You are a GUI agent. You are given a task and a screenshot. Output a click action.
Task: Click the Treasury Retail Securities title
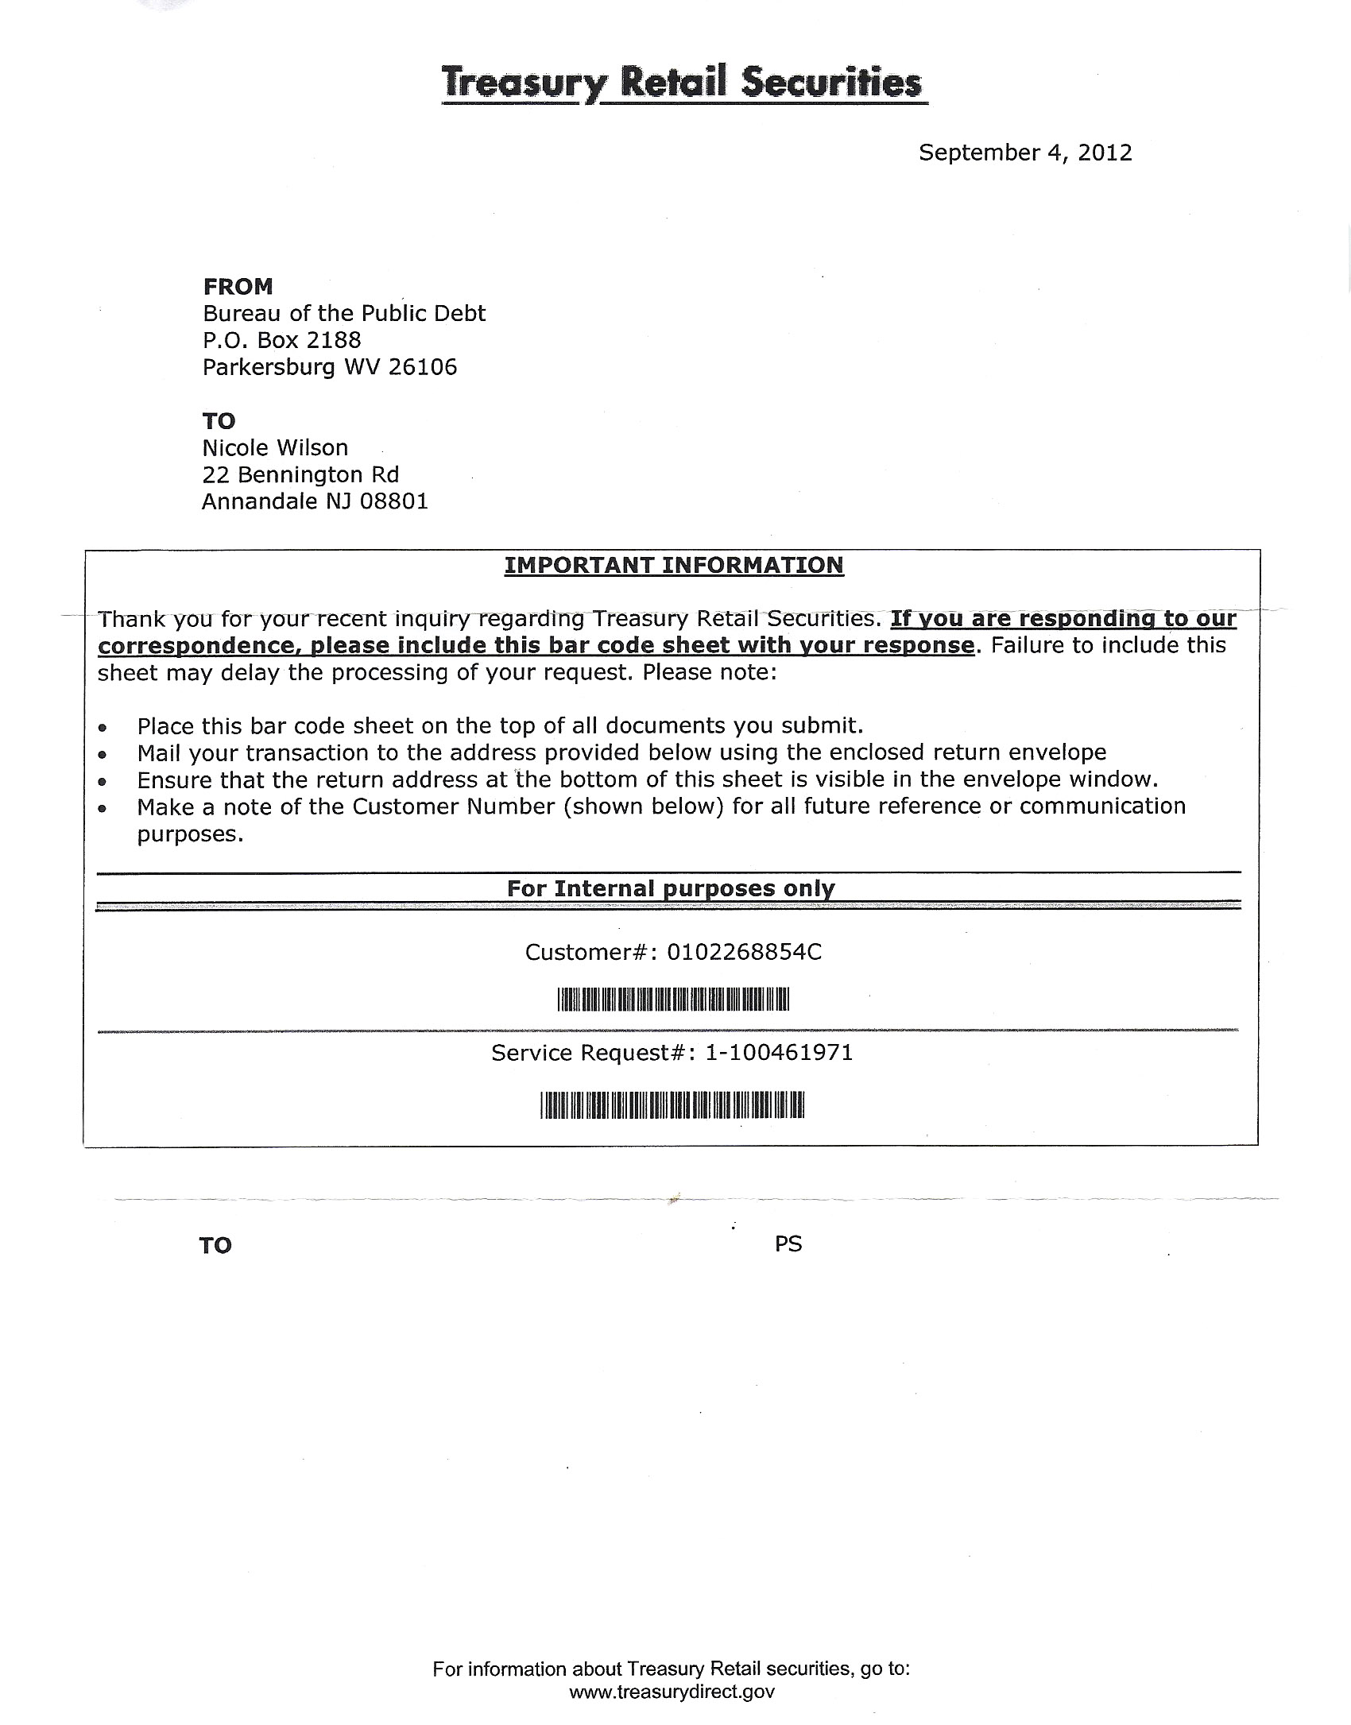click(684, 83)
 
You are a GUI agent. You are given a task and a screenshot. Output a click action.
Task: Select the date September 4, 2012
click(1024, 153)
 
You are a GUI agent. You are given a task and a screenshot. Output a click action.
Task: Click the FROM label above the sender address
click(238, 286)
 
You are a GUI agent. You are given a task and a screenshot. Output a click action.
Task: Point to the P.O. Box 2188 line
click(281, 340)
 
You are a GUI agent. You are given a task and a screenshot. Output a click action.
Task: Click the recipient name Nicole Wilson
click(275, 448)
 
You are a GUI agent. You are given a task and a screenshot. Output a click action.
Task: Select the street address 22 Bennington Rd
click(300, 474)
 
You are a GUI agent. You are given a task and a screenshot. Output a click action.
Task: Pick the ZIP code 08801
click(394, 501)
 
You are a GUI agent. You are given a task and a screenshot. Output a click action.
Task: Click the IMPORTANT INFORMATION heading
click(674, 565)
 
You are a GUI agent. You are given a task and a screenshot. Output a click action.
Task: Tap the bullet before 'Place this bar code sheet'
click(102, 727)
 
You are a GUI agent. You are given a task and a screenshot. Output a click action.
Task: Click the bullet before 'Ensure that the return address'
click(102, 781)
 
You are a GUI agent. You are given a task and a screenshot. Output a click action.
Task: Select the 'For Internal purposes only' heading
click(671, 888)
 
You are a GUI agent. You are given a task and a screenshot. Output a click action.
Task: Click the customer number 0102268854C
click(744, 952)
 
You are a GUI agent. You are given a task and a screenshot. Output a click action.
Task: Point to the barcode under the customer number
click(672, 999)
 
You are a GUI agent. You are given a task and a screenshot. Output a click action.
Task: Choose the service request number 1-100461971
click(779, 1053)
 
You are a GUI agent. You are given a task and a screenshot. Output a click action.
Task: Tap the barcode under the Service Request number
click(672, 1104)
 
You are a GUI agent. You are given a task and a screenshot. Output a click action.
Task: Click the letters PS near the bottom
click(788, 1243)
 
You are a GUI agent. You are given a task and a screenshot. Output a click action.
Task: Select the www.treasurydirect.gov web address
click(672, 1692)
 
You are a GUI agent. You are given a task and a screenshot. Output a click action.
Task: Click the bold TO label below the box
click(215, 1245)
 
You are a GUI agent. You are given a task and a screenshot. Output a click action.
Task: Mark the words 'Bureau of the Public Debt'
click(344, 313)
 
